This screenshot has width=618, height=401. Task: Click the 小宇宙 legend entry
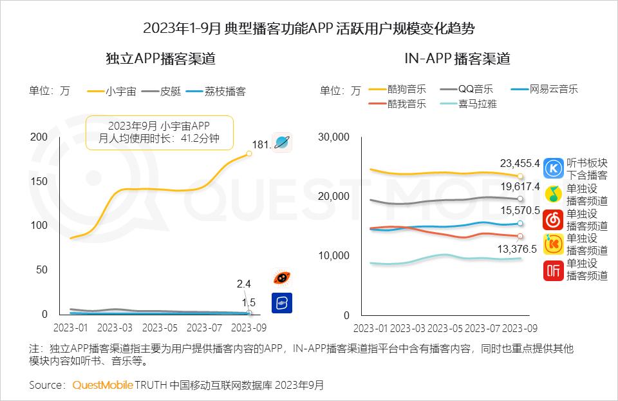112,91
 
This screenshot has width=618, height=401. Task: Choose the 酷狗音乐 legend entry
398,89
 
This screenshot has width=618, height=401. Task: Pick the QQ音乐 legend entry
467,89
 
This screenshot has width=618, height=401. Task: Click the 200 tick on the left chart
39,137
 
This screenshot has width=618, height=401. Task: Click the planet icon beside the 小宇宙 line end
282,142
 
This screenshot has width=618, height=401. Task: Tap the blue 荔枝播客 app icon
282,302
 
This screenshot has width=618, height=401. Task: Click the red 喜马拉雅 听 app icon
554,271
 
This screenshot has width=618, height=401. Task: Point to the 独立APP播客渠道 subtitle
160,59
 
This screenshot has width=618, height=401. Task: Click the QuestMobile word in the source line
102,386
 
